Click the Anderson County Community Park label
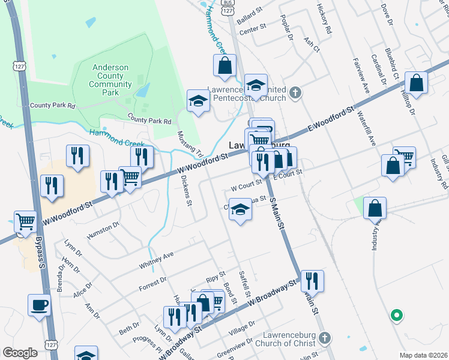(x=110, y=80)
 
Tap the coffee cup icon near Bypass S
(x=40, y=305)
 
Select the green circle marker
(x=396, y=314)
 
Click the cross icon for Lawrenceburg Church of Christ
(x=325, y=338)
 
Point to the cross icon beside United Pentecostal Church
(x=294, y=93)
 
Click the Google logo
(x=19, y=353)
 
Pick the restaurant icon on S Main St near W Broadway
(x=312, y=280)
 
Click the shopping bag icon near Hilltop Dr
(x=416, y=82)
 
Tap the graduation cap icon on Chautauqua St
(x=240, y=210)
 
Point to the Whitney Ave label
(x=155, y=256)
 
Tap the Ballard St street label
(x=250, y=19)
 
